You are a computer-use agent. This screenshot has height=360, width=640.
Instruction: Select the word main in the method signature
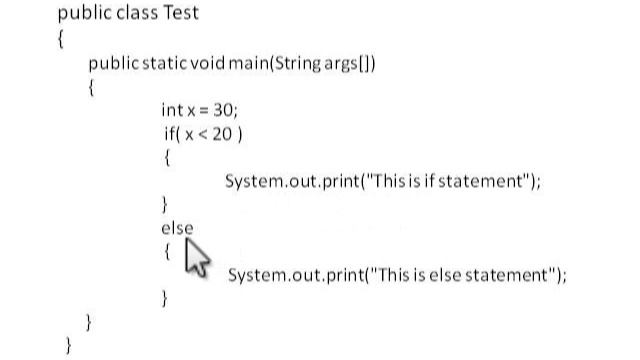point(255,63)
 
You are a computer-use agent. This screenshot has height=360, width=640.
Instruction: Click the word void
point(209,63)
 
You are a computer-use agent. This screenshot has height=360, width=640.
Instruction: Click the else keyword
point(177,228)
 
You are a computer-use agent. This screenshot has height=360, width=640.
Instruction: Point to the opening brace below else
point(166,252)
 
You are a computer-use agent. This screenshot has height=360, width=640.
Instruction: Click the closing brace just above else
point(166,205)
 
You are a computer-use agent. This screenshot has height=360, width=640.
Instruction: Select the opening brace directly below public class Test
point(62,39)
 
